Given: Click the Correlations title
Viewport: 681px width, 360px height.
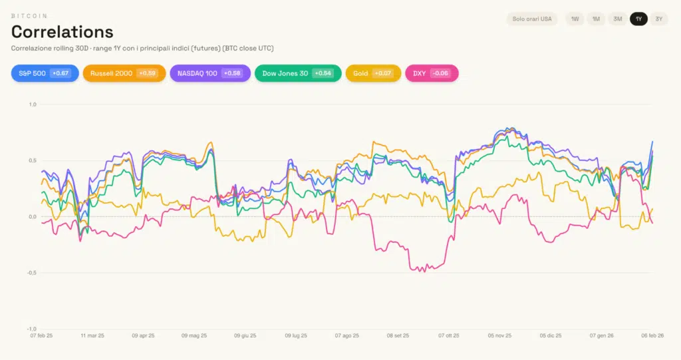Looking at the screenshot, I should pos(63,31).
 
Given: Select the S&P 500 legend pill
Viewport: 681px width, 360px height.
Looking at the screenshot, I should pos(45,73).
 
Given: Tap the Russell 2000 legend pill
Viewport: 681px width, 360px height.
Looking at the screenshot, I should pos(124,73).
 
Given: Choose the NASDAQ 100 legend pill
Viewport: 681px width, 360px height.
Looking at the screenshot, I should pos(210,73).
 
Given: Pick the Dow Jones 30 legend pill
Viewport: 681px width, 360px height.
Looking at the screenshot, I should pos(297,73).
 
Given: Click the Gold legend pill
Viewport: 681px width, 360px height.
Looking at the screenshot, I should pos(373,73).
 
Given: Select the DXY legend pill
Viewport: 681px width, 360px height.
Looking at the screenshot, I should pos(431,73).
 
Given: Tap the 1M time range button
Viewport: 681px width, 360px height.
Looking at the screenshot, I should pos(596,19).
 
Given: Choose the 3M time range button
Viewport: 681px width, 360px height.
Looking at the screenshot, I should pos(617,19).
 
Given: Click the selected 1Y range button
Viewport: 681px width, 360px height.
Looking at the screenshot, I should pos(638,19).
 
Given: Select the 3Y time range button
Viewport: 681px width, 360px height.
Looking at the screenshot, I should pos(659,19).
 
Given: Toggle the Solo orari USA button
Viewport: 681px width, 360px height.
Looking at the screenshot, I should pos(531,19).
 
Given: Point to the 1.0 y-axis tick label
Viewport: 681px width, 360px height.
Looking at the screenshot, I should pos(33,104).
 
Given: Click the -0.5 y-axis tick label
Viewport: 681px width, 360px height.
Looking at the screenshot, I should pos(31,273).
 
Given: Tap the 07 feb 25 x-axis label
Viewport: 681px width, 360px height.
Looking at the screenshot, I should pos(41,335).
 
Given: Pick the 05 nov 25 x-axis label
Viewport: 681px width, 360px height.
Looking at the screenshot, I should pos(499,335).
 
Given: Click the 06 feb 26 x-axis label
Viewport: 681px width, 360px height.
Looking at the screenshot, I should pos(652,335).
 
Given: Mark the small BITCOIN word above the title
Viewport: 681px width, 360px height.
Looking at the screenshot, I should pos(29,16).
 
